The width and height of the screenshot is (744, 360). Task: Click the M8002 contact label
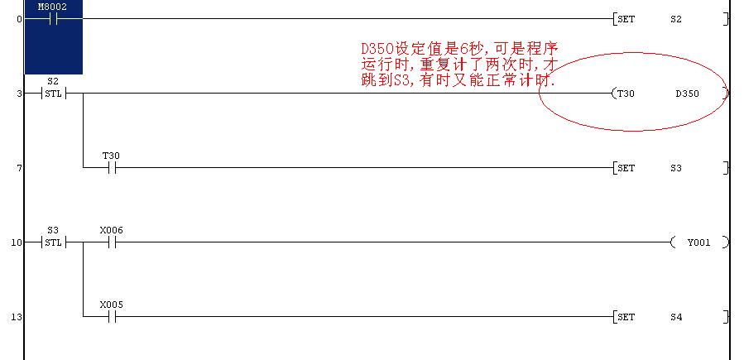52,7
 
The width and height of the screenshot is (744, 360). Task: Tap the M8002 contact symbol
54,19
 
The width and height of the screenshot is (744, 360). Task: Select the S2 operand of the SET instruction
676,19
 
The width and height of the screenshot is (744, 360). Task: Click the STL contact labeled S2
53,94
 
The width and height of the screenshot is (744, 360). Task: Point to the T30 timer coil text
626,94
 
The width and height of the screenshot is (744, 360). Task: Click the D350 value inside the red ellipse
687,94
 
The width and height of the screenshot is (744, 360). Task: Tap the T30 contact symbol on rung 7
112,168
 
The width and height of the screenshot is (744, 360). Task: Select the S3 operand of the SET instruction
676,168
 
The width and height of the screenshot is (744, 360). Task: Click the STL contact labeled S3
53,242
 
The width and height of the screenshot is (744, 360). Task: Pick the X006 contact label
112,231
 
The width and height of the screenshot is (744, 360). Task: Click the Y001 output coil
699,242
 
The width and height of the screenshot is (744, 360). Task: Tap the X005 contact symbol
112,317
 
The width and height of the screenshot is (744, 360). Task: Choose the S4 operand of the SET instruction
676,317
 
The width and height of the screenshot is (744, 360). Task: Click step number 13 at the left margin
16,317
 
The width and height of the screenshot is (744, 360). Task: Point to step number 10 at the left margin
16,242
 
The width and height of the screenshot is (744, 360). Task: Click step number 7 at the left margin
20,168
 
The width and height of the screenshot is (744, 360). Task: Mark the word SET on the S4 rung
626,317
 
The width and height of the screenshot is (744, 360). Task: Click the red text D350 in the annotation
377,49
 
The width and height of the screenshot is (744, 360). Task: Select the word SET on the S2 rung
626,19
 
